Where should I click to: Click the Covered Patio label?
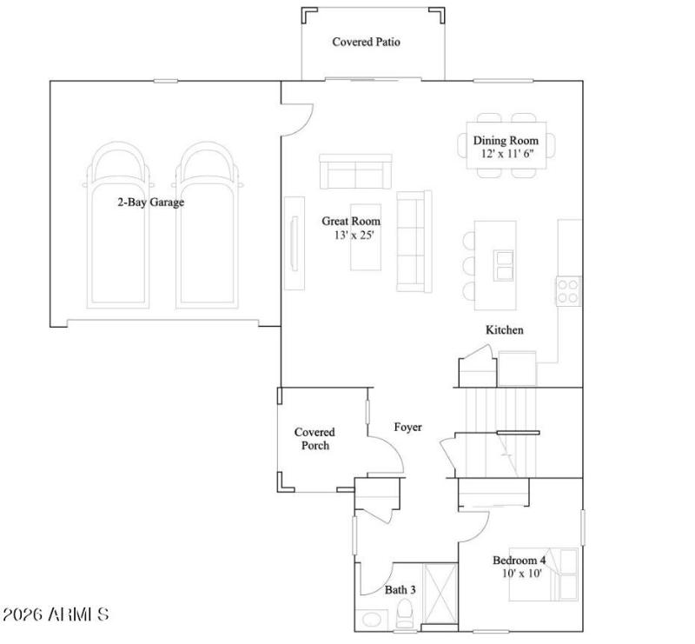coord(366,42)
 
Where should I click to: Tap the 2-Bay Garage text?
coord(151,202)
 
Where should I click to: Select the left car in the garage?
coord(119,226)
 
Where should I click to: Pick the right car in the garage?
coord(206,226)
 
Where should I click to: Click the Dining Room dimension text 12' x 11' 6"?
coord(506,153)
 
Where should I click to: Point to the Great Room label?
coord(351,222)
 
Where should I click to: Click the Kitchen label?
coord(504,330)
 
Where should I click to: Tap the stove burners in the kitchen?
coord(568,290)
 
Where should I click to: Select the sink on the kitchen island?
coord(503,264)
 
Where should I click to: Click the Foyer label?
coord(407,427)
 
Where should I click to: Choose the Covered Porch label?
coord(314,439)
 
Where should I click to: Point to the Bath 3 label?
coord(400,590)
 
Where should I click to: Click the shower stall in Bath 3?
coord(440,595)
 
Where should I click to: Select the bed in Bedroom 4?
coord(562,573)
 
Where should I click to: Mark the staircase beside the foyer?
coord(499,432)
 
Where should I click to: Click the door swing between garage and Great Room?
coord(295,120)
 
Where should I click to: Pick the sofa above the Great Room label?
coord(355,171)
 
